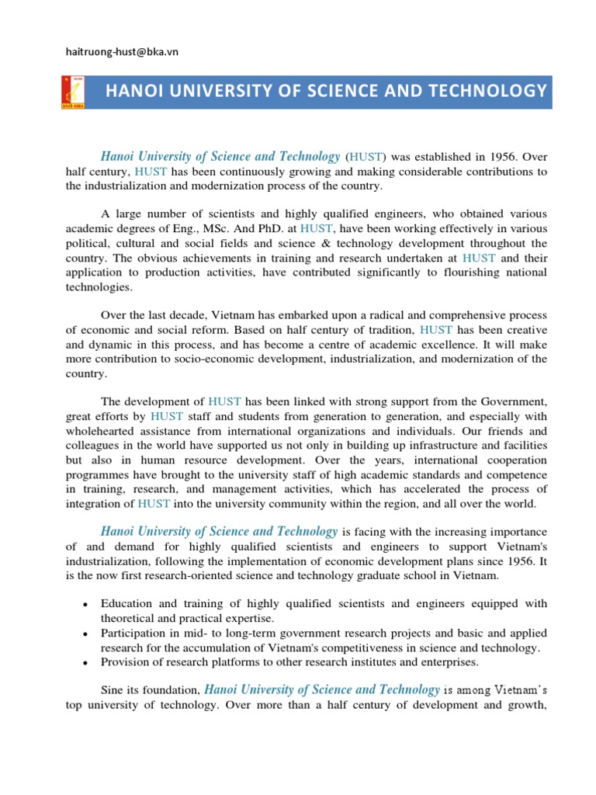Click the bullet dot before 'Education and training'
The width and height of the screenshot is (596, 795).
pyautogui.click(x=83, y=605)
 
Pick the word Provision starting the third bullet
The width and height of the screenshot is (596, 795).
pyautogui.click(x=125, y=662)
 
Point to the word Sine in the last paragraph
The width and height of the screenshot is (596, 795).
pyautogui.click(x=113, y=690)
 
